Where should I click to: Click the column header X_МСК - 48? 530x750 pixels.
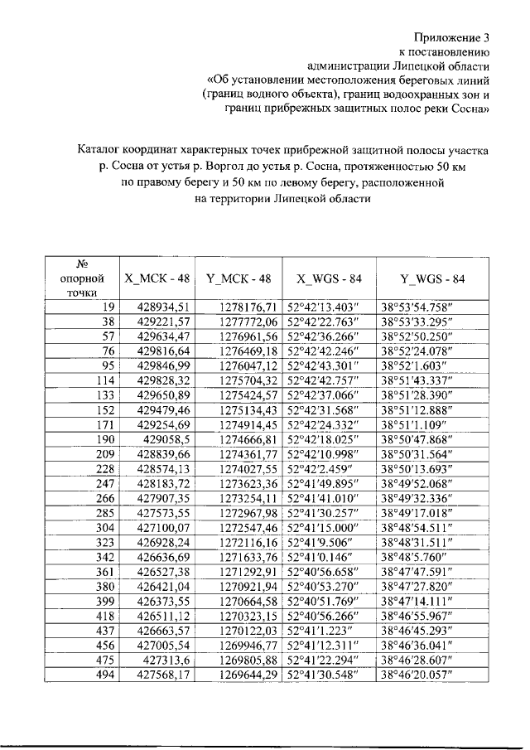point(157,278)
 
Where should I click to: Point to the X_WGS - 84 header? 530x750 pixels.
point(329,278)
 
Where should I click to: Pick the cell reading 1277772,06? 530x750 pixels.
point(248,322)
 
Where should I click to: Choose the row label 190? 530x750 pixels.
point(104,438)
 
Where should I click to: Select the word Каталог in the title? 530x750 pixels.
point(104,151)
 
